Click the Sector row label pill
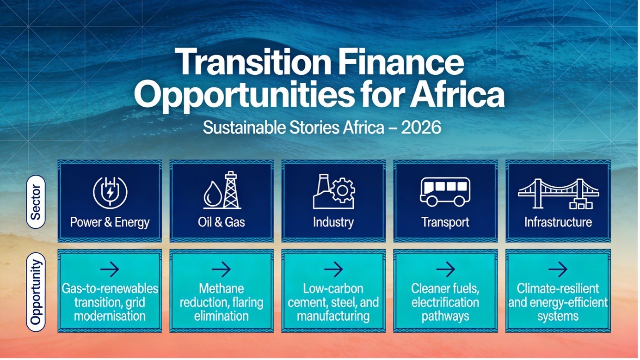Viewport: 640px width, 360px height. click(x=36, y=201)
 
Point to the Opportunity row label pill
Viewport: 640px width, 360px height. click(x=36, y=292)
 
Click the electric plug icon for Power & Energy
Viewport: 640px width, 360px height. click(x=110, y=192)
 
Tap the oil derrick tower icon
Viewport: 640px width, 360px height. click(x=231, y=190)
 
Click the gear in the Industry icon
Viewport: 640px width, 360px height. click(x=343, y=190)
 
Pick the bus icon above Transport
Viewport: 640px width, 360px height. click(x=445, y=192)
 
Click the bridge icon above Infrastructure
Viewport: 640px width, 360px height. click(x=558, y=194)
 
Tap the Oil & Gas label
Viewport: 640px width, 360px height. click(x=222, y=222)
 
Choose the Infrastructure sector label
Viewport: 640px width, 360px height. click(x=558, y=222)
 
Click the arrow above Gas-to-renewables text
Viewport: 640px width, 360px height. click(x=110, y=269)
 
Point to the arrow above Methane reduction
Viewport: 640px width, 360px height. click(x=222, y=269)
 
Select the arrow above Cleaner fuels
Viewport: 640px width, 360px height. click(x=445, y=269)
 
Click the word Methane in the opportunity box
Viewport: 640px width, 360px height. click(x=222, y=289)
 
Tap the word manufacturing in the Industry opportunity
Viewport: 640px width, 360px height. click(x=333, y=316)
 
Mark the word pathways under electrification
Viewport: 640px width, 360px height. click(x=445, y=316)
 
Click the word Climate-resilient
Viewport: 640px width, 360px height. click(x=558, y=289)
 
